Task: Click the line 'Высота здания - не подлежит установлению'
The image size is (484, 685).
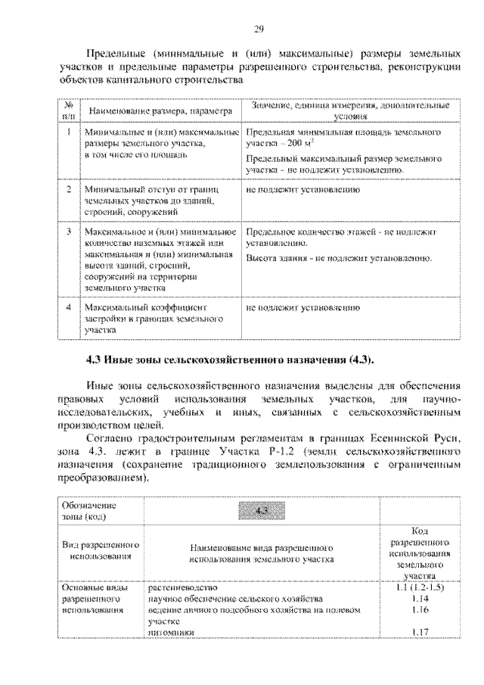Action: point(338,259)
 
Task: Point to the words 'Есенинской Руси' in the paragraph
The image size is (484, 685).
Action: point(411,438)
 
